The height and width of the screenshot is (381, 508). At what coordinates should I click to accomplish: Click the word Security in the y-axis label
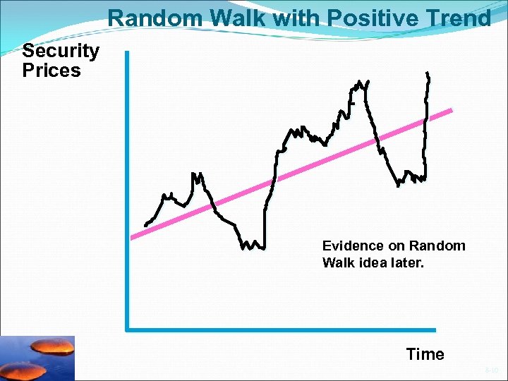[61, 51]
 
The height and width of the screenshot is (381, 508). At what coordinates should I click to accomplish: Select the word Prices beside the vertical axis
[52, 71]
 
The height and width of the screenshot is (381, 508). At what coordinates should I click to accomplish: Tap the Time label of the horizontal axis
[425, 354]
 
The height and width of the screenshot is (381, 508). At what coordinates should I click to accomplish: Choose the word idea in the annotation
[386, 263]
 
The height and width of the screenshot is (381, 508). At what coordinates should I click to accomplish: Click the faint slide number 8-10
[492, 370]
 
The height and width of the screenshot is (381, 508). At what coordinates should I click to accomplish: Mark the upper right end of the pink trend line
[451, 111]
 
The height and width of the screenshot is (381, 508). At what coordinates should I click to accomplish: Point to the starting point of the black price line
[145, 225]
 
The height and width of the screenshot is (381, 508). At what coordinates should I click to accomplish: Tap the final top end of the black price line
[428, 73]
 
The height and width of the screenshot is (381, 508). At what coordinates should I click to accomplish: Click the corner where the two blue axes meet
[127, 329]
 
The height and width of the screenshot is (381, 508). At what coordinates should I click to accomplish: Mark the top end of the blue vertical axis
[127, 52]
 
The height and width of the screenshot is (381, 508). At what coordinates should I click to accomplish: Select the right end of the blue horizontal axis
[435, 329]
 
